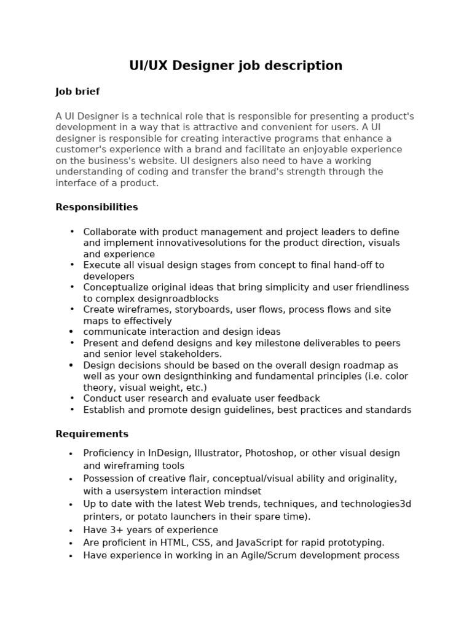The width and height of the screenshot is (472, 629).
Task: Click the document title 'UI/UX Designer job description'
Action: (x=236, y=66)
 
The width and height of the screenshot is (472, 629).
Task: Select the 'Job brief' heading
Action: (x=77, y=92)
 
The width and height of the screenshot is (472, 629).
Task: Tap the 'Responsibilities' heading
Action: (x=96, y=207)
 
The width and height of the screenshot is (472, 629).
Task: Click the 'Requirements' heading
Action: (x=92, y=434)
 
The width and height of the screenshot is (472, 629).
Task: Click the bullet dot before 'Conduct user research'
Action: (x=72, y=398)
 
